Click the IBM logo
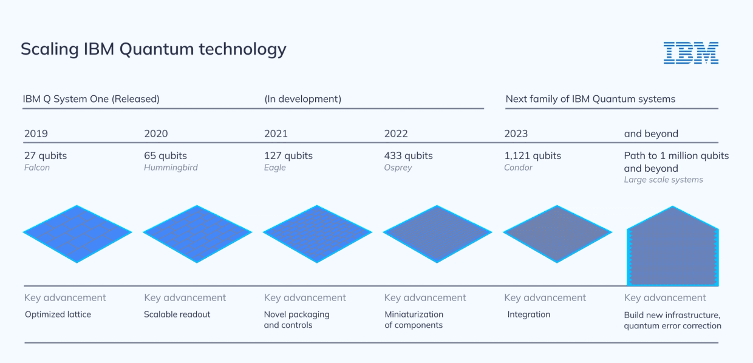pyautogui.click(x=690, y=53)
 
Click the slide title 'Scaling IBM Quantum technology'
pyautogui.click(x=153, y=49)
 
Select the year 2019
pyautogui.click(x=36, y=134)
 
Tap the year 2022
pyautogui.click(x=396, y=134)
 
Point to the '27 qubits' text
pyautogui.click(x=46, y=155)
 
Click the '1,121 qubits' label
pyautogui.click(x=533, y=155)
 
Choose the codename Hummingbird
pyautogui.click(x=171, y=168)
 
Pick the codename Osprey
pyautogui.click(x=398, y=168)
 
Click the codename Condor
pyautogui.click(x=518, y=168)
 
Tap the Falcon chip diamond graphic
pyautogui.click(x=77, y=233)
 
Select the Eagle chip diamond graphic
pyautogui.click(x=317, y=233)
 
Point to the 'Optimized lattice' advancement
pyautogui.click(x=58, y=314)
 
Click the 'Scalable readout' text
pyautogui.click(x=177, y=314)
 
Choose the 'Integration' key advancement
pyautogui.click(x=528, y=314)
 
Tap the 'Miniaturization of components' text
pyautogui.click(x=414, y=320)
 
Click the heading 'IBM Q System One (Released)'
pyautogui.click(x=91, y=99)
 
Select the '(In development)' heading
pyautogui.click(x=302, y=99)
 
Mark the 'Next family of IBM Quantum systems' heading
pyautogui.click(x=590, y=99)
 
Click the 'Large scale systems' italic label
pyautogui.click(x=663, y=180)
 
